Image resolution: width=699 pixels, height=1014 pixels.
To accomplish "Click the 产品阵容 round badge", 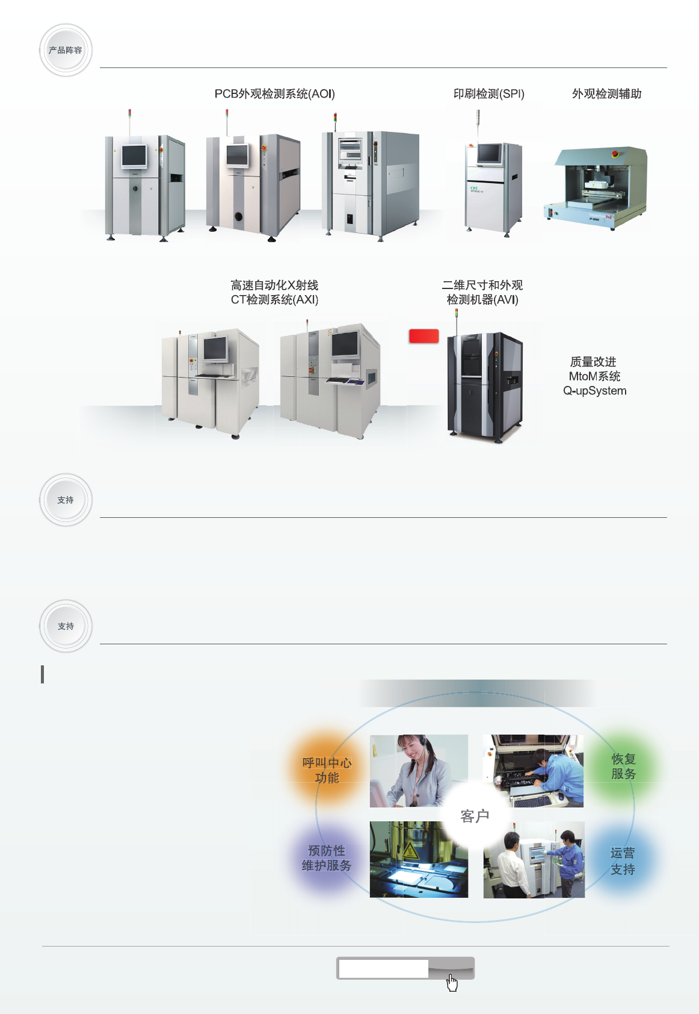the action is coord(66,50).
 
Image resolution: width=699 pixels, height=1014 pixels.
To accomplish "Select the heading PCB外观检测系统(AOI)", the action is coord(274,94).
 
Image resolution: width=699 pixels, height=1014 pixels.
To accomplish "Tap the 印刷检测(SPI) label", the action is coord(488,94).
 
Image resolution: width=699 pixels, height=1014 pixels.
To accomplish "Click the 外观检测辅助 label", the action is coord(606,94).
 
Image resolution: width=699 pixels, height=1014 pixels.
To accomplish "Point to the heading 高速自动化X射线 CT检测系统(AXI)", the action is coord(274,292).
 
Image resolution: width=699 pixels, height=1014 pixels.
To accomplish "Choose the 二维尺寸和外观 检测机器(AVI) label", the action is coord(482,292).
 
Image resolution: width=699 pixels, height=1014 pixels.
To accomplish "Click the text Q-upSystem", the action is coord(594,391).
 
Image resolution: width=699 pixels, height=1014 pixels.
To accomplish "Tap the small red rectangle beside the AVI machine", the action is coord(424,336).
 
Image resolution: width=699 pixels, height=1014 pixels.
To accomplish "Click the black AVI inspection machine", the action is coord(484,385).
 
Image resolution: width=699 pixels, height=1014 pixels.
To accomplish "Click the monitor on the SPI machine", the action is coord(489,154).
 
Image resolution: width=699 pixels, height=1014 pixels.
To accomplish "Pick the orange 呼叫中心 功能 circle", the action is coord(327,770).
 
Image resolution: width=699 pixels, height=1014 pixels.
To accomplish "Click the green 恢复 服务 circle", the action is coord(623,767).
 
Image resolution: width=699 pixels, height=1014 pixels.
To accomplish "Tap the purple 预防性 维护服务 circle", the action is coord(327,858).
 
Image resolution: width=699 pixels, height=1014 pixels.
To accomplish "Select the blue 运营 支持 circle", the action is coord(623,861).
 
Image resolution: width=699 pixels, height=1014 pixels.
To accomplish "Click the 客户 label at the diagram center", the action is coord(475,816).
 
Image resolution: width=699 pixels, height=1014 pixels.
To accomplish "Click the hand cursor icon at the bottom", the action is coord(452,983).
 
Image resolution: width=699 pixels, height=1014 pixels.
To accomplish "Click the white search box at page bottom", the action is coord(383,968).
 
